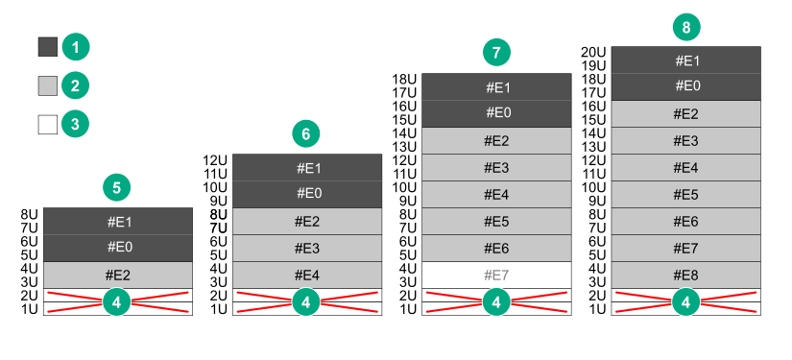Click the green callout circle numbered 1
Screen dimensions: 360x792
coord(75,46)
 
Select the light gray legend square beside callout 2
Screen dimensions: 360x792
coord(48,85)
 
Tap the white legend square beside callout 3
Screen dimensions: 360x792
coord(48,124)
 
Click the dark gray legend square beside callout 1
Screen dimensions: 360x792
coord(48,46)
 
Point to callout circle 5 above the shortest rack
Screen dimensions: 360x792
coord(116,187)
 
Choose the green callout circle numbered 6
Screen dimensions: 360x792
coord(306,133)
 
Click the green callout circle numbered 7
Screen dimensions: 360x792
coord(496,53)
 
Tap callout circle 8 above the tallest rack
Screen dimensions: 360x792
coord(685,27)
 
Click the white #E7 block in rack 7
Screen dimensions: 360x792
coord(496,276)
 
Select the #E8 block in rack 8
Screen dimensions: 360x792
coord(685,276)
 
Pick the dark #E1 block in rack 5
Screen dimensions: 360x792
coord(118,221)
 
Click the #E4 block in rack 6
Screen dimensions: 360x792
coord(306,276)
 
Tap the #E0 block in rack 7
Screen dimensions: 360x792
coord(496,113)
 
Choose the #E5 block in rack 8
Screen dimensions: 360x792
coord(685,194)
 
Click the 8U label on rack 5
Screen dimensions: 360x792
coord(29,215)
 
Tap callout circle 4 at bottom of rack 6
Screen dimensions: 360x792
coord(306,302)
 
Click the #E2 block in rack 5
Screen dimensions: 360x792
coord(118,276)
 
